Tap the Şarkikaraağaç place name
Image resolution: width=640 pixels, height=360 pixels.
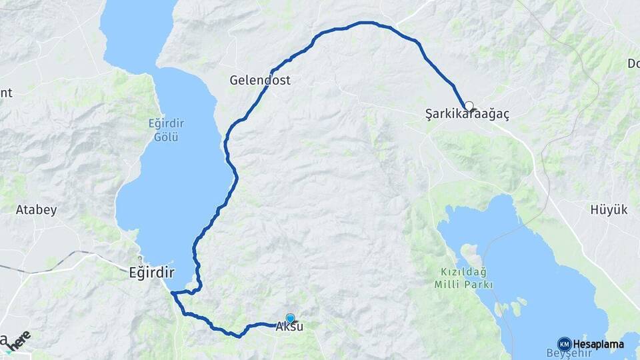467,115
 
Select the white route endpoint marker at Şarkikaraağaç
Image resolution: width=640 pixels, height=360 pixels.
469,105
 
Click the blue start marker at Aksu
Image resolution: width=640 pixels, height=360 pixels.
290,318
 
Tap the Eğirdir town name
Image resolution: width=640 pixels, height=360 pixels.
151,272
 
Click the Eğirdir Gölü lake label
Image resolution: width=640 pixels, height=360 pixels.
166,130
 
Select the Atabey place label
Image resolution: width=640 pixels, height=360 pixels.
36,210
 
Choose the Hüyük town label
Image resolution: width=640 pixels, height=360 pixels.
609,210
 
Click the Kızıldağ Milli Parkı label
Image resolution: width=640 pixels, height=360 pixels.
466,278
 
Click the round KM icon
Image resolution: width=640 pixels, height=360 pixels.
564,344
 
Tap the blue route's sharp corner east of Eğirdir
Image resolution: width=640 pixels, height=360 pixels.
172,293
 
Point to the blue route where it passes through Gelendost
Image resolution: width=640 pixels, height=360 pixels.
272,71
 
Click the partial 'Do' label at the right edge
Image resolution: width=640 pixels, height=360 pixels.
633,63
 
